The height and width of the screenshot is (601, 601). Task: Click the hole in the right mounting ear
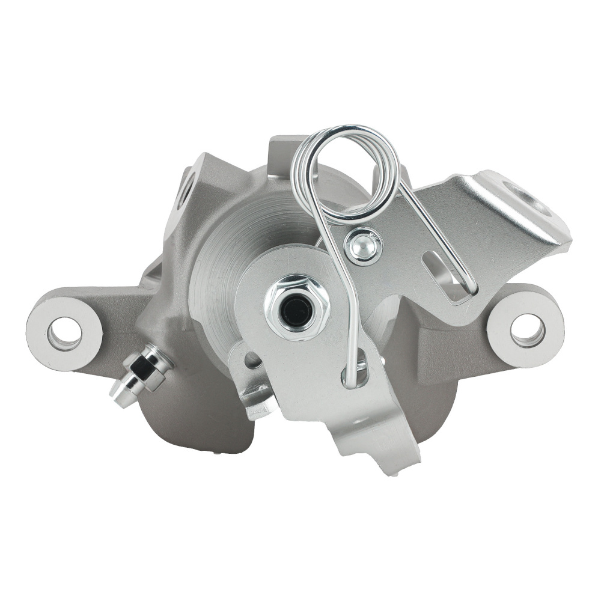click(x=527, y=329)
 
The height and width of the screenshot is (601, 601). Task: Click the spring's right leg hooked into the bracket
click(x=466, y=282)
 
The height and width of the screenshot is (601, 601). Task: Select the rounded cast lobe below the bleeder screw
click(x=180, y=421)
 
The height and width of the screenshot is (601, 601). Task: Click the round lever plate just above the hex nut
click(x=282, y=264)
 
